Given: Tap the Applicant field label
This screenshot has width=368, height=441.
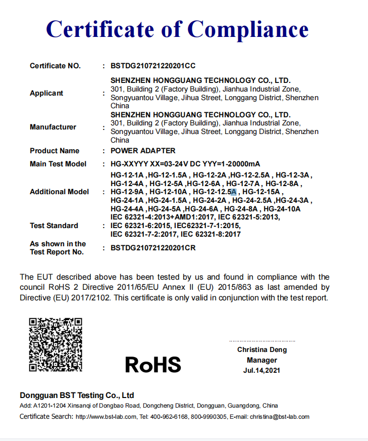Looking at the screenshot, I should [46, 93].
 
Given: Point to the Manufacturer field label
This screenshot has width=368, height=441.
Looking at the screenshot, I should [53, 127].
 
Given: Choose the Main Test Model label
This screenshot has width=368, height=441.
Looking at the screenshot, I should [58, 164].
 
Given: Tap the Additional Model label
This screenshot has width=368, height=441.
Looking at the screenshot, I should [59, 192].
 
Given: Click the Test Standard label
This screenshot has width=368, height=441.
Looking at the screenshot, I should [54, 226].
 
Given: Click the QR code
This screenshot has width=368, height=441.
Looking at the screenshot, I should [56, 344].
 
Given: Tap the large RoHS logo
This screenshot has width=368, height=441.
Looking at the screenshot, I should [153, 364].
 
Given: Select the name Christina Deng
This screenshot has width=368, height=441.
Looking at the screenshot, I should [262, 349].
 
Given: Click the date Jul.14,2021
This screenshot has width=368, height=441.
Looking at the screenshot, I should [261, 370].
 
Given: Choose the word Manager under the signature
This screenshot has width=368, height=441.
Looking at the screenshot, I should [261, 360].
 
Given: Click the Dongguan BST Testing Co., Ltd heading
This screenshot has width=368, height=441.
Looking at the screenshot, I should [77, 395].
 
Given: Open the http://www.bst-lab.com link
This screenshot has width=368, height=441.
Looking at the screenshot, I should [106, 417].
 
